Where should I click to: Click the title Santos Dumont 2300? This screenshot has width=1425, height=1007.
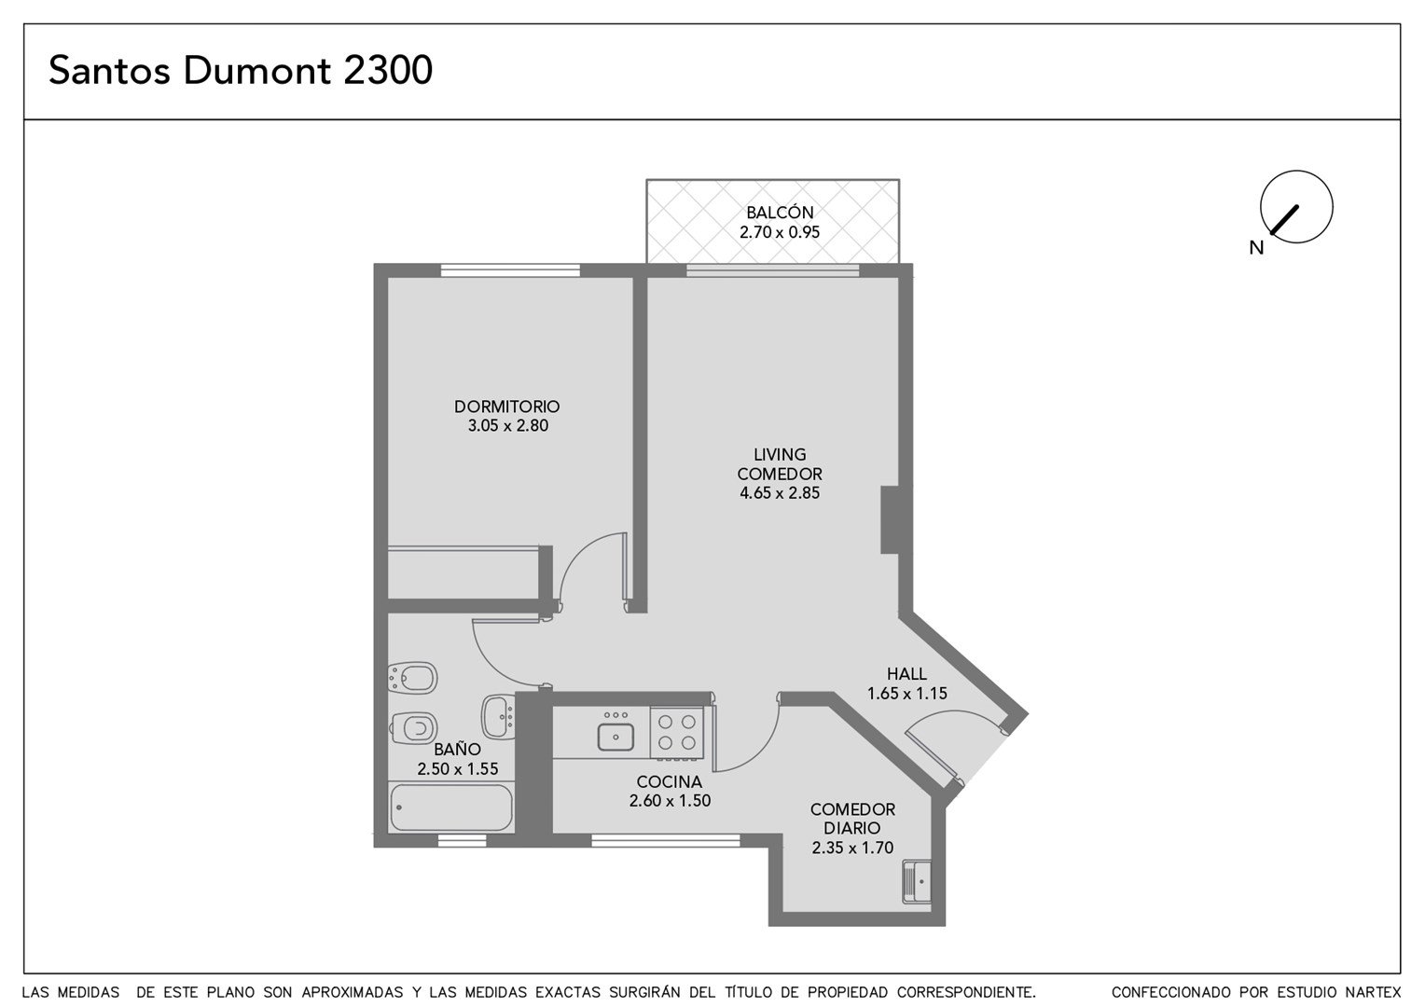pyautogui.click(x=241, y=70)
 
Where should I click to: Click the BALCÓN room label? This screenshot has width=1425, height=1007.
pyautogui.click(x=780, y=213)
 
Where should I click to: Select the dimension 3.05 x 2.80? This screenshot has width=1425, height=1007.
pyautogui.click(x=507, y=425)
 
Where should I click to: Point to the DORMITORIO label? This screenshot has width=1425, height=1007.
pyautogui.click(x=507, y=406)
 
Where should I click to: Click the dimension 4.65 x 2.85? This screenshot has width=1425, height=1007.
pyautogui.click(x=780, y=493)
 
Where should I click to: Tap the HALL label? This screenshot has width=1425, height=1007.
pyautogui.click(x=906, y=673)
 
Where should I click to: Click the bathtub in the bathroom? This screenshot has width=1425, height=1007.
pyautogui.click(x=451, y=807)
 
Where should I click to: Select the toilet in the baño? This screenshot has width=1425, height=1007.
pyautogui.click(x=413, y=727)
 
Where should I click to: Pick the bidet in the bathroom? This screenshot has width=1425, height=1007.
pyautogui.click(x=413, y=678)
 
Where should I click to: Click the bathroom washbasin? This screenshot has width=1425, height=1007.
pyautogui.click(x=498, y=717)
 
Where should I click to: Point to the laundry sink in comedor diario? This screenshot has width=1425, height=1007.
pyautogui.click(x=917, y=882)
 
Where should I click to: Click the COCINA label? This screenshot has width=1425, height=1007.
pyautogui.click(x=670, y=781)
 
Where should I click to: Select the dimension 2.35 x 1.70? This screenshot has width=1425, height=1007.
pyautogui.click(x=852, y=848)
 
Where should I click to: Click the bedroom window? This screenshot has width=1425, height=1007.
pyautogui.click(x=510, y=270)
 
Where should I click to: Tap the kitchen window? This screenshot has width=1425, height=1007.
pyautogui.click(x=666, y=840)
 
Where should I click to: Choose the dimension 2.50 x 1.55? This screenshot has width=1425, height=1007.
pyautogui.click(x=457, y=769)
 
